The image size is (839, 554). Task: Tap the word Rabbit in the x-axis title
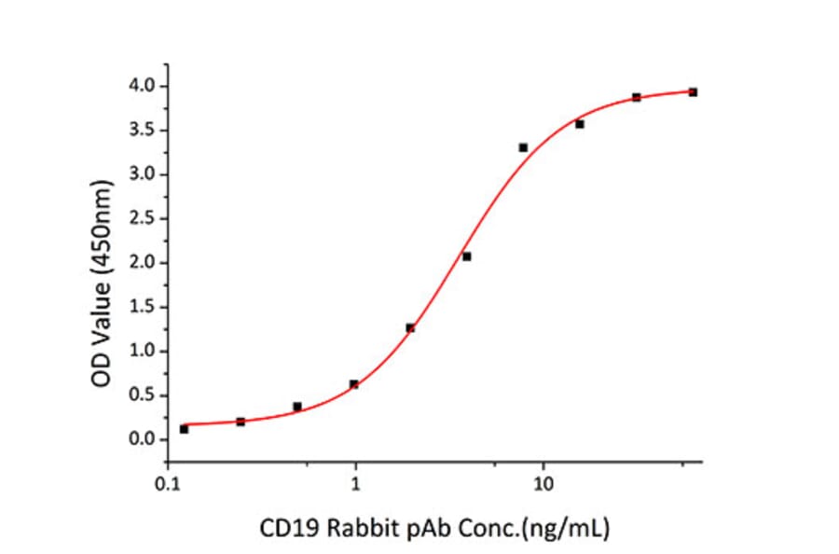tap(367, 530)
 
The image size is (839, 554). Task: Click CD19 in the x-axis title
tap(300, 530)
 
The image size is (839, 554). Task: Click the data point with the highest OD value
tap(693, 92)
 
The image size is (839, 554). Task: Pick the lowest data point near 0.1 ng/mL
tap(184, 429)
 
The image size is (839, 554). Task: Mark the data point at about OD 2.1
tap(466, 256)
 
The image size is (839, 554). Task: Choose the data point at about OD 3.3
tap(523, 147)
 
